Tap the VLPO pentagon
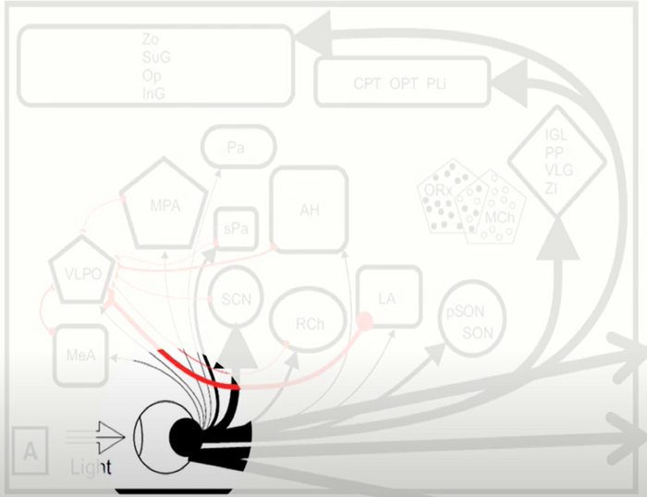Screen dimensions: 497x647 tap(83, 272)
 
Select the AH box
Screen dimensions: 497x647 tap(309, 209)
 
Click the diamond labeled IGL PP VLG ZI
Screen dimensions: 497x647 tap(556, 162)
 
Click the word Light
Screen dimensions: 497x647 tap(92, 467)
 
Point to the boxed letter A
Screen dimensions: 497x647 tap(31, 452)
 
